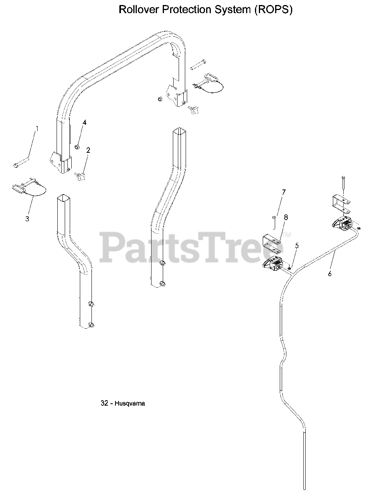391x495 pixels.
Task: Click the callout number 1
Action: (37, 128)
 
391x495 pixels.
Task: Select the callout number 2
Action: (88, 150)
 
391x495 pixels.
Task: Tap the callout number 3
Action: (27, 218)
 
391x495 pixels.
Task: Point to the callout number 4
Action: (84, 123)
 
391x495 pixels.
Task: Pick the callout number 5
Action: (297, 245)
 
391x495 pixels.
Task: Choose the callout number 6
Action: (330, 274)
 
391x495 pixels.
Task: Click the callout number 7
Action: (284, 192)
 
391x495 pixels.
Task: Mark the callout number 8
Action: (286, 217)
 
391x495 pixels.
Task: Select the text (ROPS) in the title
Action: (273, 10)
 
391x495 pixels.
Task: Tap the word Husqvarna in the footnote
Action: (130, 403)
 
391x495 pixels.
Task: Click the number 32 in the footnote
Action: (104, 403)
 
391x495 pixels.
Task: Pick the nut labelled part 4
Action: (77, 146)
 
